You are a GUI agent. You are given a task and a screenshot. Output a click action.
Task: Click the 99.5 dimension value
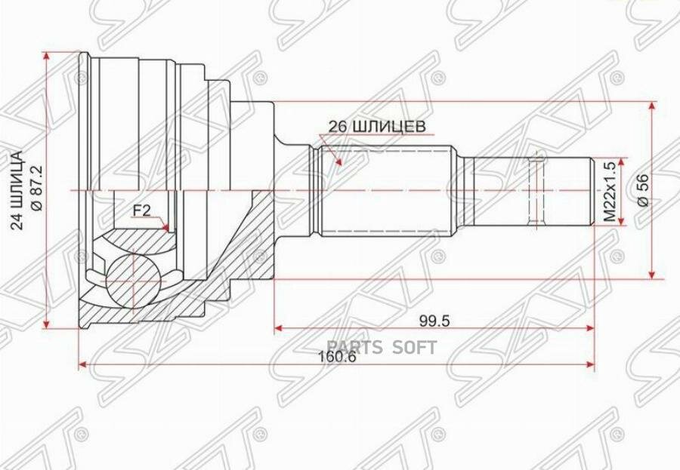[435, 321]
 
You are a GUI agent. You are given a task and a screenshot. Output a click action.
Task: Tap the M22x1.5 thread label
[610, 192]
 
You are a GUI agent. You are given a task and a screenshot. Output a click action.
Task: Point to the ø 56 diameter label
[643, 191]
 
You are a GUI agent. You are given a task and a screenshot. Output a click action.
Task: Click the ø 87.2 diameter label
[36, 188]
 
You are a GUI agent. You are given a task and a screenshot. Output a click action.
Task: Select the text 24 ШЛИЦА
[17, 190]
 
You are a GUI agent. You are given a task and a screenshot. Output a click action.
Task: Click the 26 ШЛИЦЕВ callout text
[377, 127]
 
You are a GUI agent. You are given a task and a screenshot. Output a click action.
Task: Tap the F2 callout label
[141, 211]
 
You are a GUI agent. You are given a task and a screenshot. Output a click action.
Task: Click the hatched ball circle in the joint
[131, 280]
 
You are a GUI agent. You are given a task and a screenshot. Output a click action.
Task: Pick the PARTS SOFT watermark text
[381, 348]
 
